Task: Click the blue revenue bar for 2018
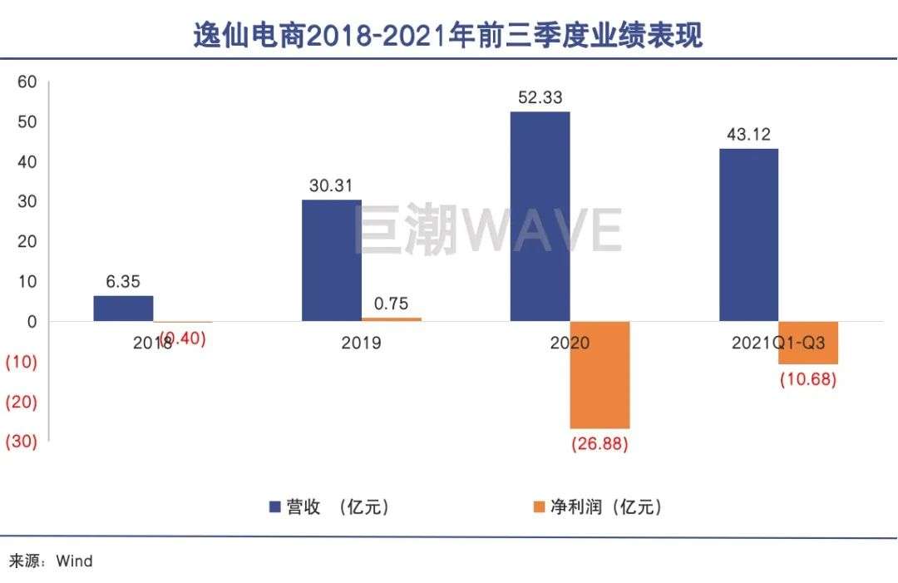123,309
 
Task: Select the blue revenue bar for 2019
331,260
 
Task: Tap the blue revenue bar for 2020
540,216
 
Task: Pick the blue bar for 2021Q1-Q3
748,235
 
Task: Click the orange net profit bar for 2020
599,374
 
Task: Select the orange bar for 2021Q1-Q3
807,343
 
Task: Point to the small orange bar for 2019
391,319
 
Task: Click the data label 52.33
540,98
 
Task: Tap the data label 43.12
748,135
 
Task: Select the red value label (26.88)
599,444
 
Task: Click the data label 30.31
331,186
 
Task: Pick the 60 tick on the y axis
27,82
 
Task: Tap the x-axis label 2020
570,343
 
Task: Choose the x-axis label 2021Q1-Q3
777,343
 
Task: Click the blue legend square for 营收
274,506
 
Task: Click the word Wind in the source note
74,561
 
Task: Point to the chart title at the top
448,36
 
